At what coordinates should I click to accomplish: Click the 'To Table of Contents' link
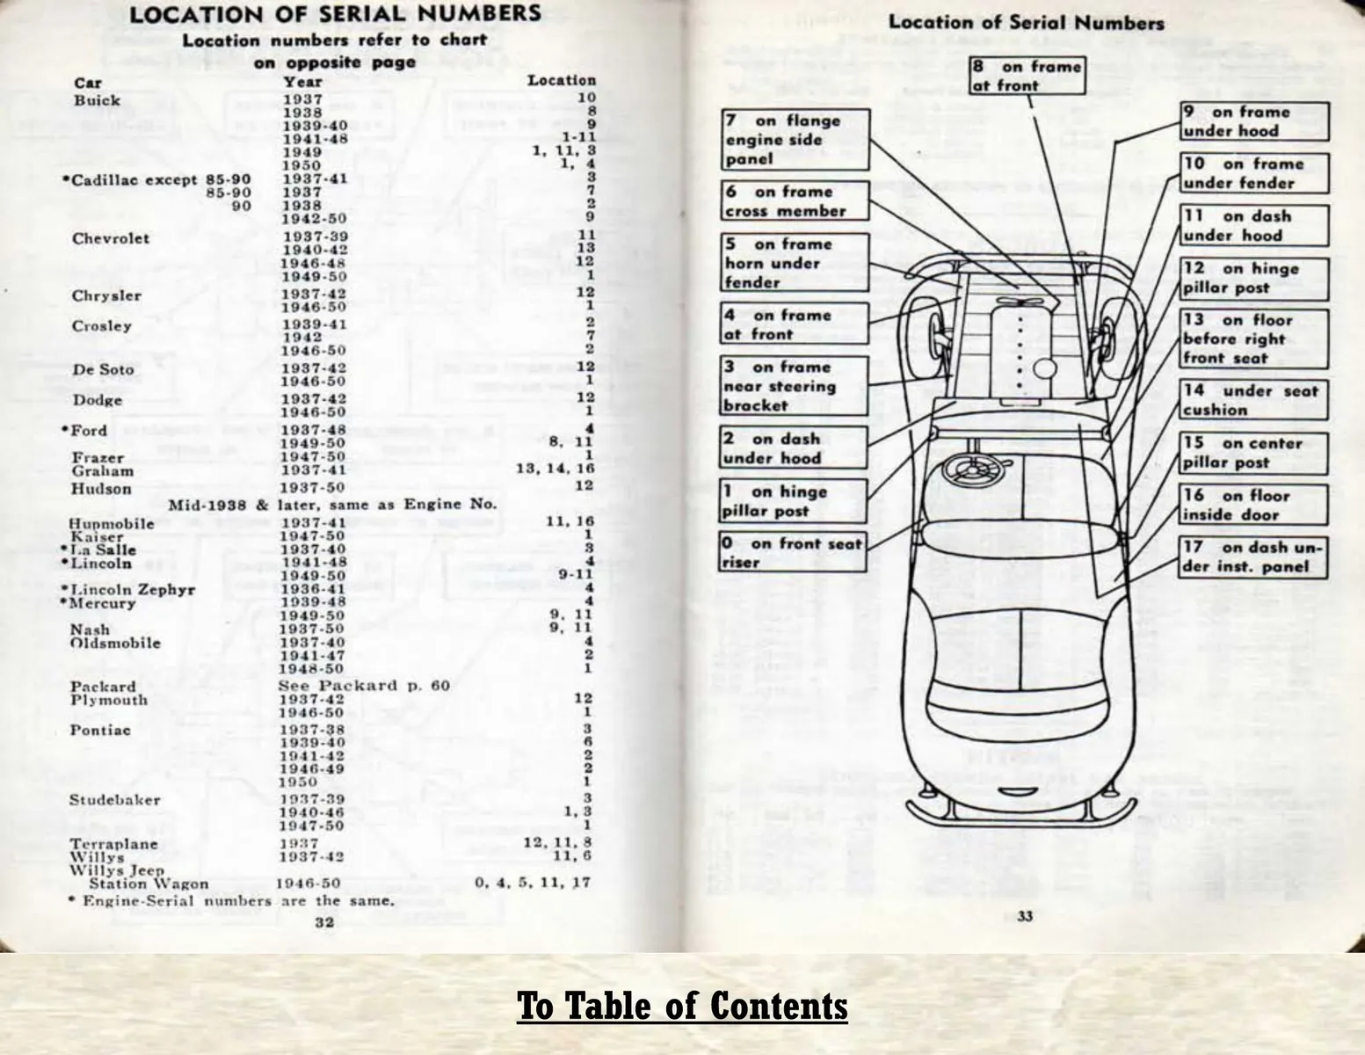pos(682,1006)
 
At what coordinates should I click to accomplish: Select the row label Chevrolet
pos(111,239)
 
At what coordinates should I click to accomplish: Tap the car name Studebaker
pos(114,800)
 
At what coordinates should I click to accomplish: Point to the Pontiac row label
pos(100,730)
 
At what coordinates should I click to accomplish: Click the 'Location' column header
pos(562,80)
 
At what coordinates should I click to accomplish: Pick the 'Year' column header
pos(302,83)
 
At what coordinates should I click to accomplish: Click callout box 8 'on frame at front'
pos(1027,76)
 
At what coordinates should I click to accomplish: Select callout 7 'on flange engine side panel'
pos(795,139)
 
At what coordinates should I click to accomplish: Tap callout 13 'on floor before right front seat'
pos(1254,338)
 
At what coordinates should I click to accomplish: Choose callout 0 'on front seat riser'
pos(794,552)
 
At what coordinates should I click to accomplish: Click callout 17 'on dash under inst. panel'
pos(1253,557)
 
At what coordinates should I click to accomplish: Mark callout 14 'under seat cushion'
pos(1254,400)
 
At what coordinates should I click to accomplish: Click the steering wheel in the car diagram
pos(974,470)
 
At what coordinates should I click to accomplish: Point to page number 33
pos(1025,916)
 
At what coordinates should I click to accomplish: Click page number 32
pos(324,921)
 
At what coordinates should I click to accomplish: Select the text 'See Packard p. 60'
pos(365,686)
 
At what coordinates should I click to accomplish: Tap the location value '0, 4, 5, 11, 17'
pos(533,883)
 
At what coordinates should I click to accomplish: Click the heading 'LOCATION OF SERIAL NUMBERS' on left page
pos(336,14)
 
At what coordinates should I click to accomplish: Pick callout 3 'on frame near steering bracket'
pos(795,386)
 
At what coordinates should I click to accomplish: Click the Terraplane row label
pos(113,844)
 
